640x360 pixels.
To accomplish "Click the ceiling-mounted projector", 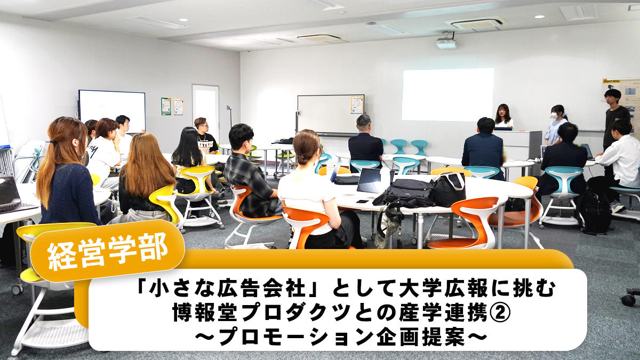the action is [446, 43].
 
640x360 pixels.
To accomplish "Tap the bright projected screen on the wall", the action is [447, 94].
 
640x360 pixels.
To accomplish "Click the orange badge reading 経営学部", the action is [107, 251].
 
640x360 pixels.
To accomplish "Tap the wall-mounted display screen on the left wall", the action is [112, 111].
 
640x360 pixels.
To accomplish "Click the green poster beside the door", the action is [166, 106].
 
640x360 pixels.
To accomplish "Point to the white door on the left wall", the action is [205, 113].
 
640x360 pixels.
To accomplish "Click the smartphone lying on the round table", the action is [362, 202].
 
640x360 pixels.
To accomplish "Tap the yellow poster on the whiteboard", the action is [357, 105].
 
